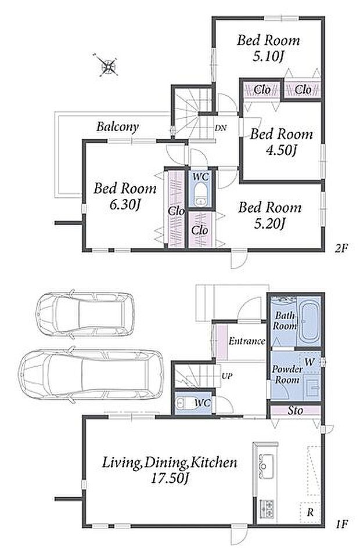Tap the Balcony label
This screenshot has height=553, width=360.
(117, 126)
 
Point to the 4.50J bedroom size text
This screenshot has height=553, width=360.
(281, 150)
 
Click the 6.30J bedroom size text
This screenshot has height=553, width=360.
(125, 204)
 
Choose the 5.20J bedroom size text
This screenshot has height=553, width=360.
(269, 223)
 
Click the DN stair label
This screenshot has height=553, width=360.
(221, 128)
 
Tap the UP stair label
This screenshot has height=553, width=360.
(227, 376)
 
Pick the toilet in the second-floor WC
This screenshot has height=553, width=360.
(200, 194)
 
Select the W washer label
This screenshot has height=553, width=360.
(309, 362)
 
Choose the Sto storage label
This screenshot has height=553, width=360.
(295, 410)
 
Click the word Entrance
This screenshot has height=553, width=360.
(247, 341)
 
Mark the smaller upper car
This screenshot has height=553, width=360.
(85, 313)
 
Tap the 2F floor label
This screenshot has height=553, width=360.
(341, 248)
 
